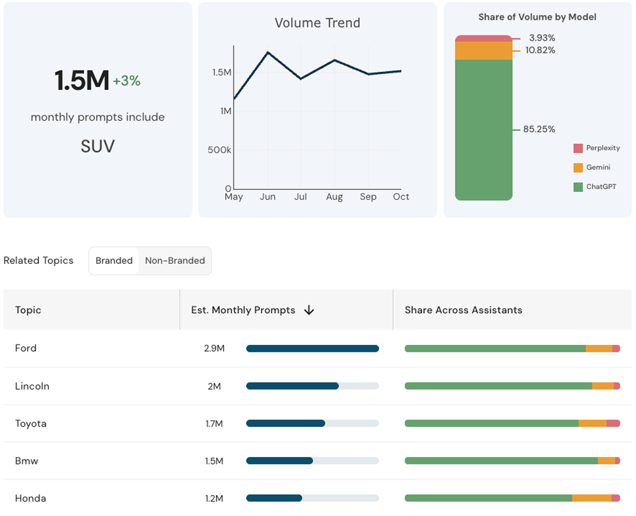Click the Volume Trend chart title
click(x=317, y=23)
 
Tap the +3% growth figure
click(x=126, y=81)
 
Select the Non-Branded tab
click(x=175, y=261)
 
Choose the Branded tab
click(x=114, y=261)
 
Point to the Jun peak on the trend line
click(x=268, y=52)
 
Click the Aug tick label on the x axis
click(x=334, y=196)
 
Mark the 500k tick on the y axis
click(x=221, y=150)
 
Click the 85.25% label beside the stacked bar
click(x=539, y=130)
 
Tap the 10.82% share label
click(x=540, y=50)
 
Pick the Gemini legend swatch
click(x=578, y=168)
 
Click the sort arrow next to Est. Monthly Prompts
click(x=309, y=310)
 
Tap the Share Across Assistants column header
click(x=463, y=310)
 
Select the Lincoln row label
click(x=32, y=386)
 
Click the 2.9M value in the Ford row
click(x=214, y=348)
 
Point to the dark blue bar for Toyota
click(x=285, y=424)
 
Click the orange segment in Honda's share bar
click(x=592, y=498)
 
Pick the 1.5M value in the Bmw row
click(x=214, y=461)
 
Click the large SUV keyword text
click(x=97, y=146)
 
